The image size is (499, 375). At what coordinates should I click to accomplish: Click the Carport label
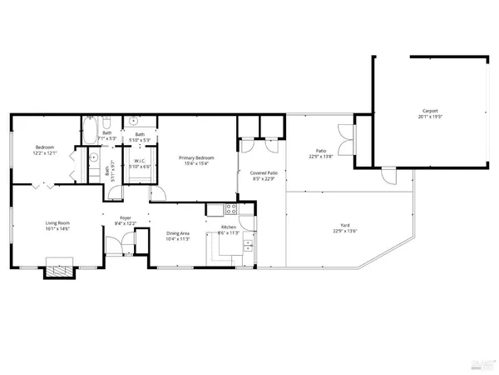click(429, 110)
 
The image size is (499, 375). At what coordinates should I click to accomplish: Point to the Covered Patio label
click(264, 172)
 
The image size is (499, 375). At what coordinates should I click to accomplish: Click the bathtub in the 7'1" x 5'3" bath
click(89, 132)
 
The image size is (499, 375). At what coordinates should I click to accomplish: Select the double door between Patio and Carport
click(346, 137)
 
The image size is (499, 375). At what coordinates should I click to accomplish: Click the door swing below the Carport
click(388, 175)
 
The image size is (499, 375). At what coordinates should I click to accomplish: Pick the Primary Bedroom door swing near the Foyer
click(158, 193)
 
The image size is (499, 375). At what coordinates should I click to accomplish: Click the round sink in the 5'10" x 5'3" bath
click(134, 120)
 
